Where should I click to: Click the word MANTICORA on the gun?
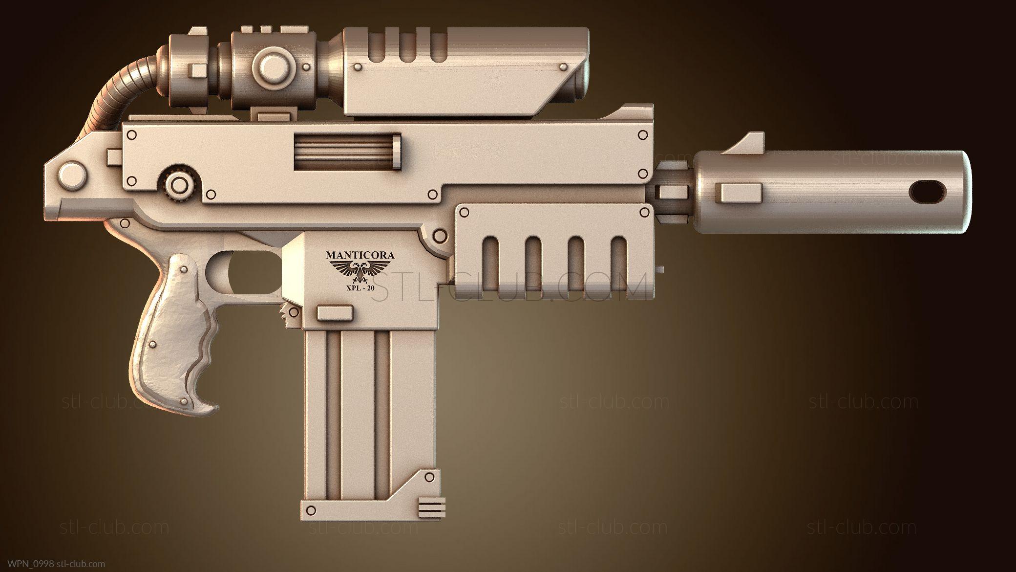coord(360,255)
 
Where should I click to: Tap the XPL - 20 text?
coord(360,288)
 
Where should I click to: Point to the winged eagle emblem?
coord(360,271)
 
